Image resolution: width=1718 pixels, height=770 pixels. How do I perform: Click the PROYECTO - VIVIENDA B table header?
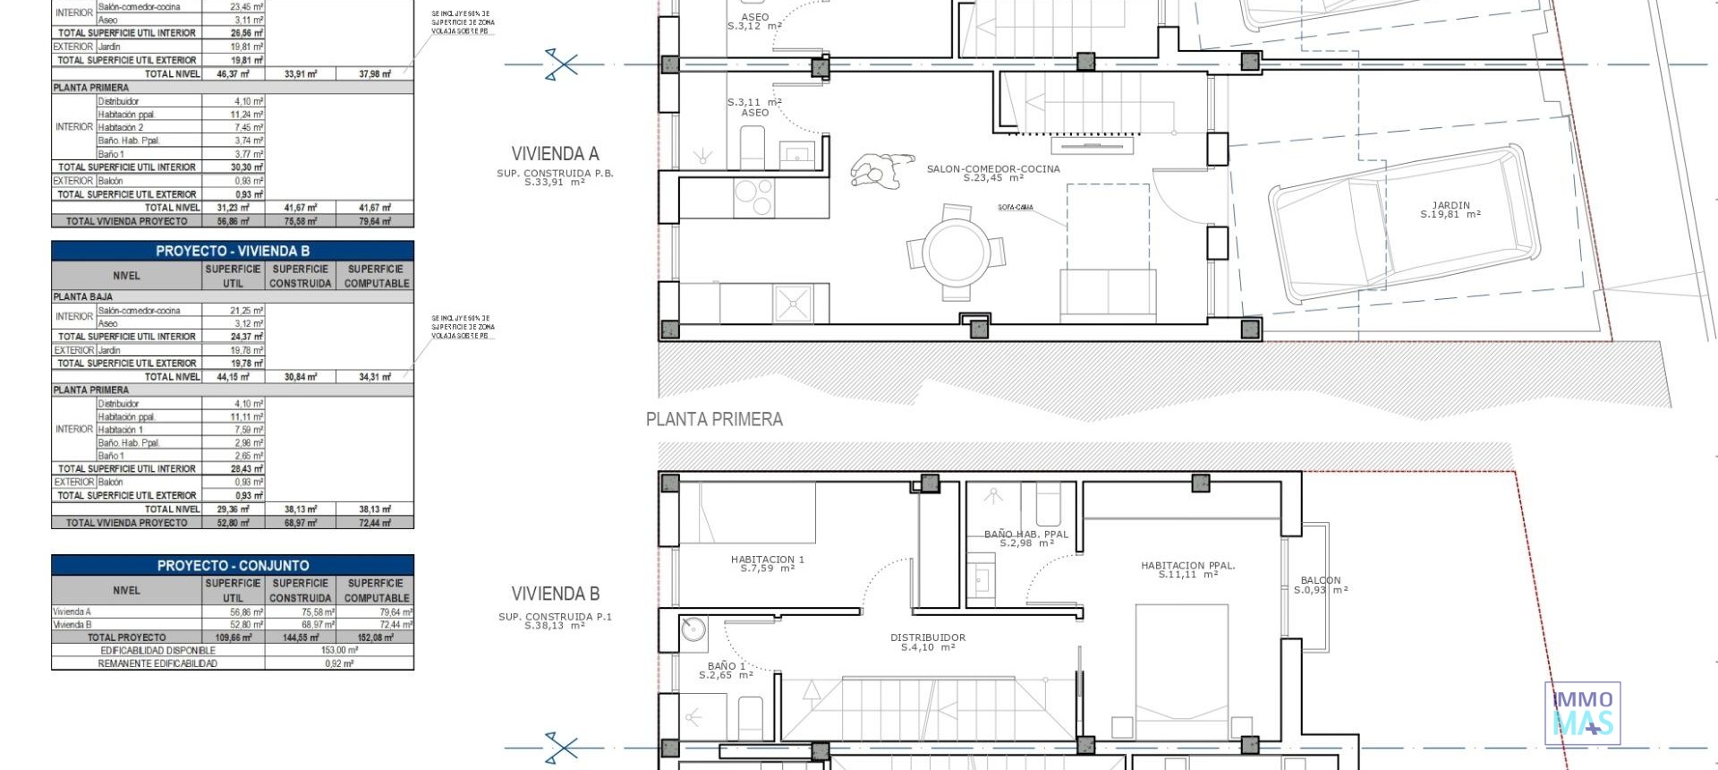click(x=233, y=251)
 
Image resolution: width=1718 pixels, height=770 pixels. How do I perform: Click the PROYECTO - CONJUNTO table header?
click(x=233, y=565)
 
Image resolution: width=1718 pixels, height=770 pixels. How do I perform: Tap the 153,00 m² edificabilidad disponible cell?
click(x=339, y=650)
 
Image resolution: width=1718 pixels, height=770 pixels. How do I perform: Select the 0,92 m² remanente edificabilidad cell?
click(x=339, y=663)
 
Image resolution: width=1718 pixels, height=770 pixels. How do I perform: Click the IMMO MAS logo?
click(x=1582, y=713)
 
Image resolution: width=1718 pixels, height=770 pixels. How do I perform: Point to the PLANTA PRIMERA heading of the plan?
click(x=714, y=419)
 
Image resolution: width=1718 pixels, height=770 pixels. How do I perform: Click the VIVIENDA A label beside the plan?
click(x=555, y=154)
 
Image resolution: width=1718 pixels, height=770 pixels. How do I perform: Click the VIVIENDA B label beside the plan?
click(x=555, y=594)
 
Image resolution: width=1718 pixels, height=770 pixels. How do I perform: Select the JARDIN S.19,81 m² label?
click(x=1450, y=210)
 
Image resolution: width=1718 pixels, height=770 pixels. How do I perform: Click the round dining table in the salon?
click(x=956, y=252)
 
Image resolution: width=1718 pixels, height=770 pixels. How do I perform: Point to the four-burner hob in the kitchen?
click(x=753, y=198)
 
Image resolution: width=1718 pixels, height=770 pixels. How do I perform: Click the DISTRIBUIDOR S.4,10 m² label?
click(x=927, y=642)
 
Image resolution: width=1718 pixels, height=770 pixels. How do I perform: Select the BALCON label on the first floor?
click(x=1321, y=585)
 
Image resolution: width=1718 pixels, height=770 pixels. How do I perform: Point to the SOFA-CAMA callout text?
click(x=1015, y=208)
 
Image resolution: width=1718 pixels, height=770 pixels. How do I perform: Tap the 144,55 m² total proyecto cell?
click(x=300, y=637)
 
